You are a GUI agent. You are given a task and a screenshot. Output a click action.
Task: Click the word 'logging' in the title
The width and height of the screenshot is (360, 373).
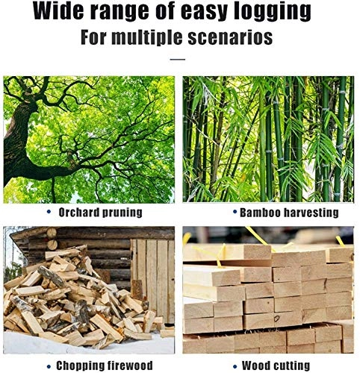click(x=273, y=12)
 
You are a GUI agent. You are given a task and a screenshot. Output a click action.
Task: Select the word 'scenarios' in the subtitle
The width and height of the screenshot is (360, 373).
click(x=230, y=37)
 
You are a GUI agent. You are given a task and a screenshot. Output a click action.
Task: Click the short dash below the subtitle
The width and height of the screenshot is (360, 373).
click(x=178, y=60)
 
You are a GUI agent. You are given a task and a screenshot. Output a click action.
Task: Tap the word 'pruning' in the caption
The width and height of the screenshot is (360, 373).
click(x=122, y=213)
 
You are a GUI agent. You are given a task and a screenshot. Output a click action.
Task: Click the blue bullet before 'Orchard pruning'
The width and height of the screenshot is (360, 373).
click(x=49, y=212)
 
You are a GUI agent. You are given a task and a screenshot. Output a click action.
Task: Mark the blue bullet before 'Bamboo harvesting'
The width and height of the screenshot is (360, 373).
click(x=235, y=212)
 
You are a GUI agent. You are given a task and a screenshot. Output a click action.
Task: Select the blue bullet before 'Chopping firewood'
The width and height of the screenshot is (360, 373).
click(x=49, y=366)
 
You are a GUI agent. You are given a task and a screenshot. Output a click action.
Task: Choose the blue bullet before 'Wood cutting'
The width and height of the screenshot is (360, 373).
click(x=235, y=366)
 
